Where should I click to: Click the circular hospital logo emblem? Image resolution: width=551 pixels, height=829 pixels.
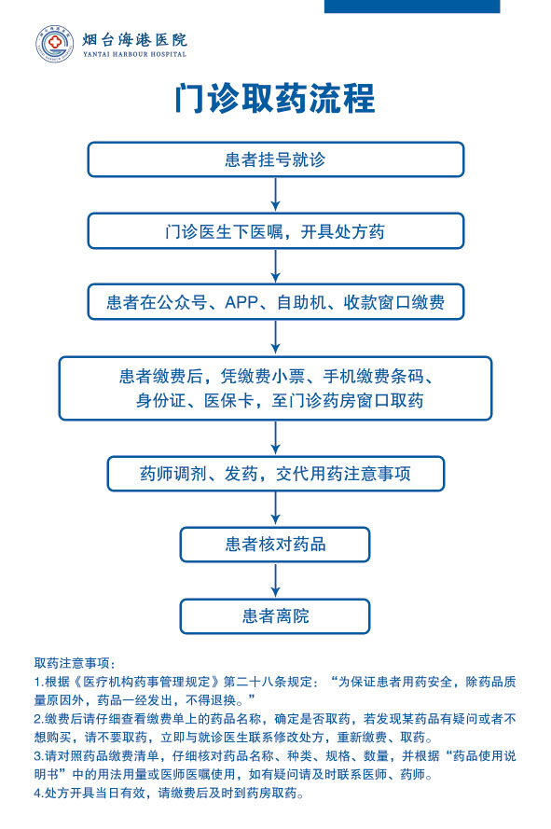click(54, 43)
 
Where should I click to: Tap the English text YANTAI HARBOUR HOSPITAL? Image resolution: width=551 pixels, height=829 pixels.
click(134, 54)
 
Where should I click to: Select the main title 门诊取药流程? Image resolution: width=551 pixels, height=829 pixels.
click(275, 98)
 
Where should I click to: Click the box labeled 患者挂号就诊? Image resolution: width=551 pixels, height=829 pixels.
click(276, 159)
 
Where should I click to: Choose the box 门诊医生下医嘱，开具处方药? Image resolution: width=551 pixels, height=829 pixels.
click(276, 231)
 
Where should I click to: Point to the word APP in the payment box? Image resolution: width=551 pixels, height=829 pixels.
click(241, 302)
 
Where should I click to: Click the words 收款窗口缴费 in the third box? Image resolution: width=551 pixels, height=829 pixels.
click(394, 302)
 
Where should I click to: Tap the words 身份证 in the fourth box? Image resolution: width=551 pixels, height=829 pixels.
click(160, 400)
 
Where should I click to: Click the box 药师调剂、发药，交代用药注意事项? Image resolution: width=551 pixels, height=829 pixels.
click(276, 474)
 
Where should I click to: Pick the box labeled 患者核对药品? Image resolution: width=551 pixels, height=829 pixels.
click(275, 545)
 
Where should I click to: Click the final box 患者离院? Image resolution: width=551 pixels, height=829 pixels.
click(275, 616)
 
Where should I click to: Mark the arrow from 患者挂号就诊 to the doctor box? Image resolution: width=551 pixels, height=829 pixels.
click(276, 195)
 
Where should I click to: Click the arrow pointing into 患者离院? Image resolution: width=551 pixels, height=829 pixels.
click(276, 580)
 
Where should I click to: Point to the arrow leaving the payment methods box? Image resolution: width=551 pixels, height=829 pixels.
click(276, 338)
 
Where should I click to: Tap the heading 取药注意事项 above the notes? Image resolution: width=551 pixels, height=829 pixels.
click(72, 662)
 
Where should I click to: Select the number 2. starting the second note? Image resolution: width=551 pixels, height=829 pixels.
click(39, 719)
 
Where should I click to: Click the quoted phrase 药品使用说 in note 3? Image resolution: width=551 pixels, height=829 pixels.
click(485, 756)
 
